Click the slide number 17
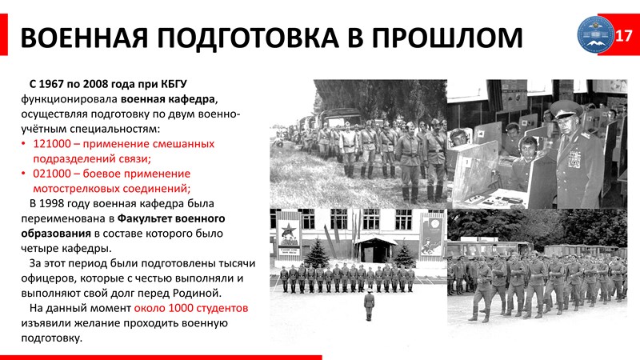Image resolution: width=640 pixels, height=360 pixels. [x=623, y=35]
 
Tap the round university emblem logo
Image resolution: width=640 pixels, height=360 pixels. [x=595, y=34]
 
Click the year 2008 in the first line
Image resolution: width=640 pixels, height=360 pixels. [x=95, y=84]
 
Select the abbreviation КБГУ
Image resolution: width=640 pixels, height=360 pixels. [x=173, y=84]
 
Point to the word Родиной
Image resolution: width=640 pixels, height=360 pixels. [x=197, y=293]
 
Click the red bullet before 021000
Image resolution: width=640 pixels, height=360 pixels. [x=24, y=174]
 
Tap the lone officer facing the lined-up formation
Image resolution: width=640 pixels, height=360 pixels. [x=369, y=305]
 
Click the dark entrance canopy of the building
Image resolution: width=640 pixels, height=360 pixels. [x=375, y=242]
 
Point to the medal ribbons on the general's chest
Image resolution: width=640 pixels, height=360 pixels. [x=574, y=158]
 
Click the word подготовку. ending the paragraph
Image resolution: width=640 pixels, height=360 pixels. [x=51, y=338]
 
